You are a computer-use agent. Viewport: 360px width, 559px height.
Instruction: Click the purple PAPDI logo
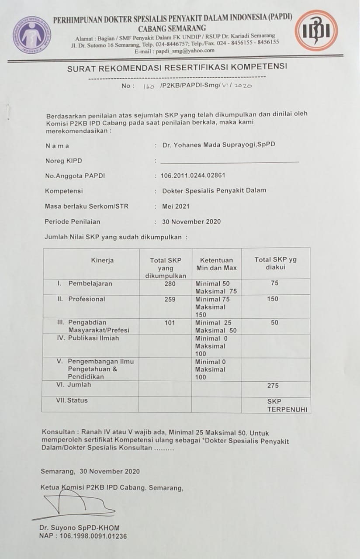click(x=31, y=35)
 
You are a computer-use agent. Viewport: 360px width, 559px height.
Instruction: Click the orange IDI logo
click(x=316, y=31)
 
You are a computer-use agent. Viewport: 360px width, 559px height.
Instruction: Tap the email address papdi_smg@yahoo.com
click(x=187, y=50)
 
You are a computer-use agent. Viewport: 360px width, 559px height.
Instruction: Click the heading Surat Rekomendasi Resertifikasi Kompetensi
click(x=177, y=68)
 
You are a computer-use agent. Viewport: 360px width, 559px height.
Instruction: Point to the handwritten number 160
click(x=149, y=86)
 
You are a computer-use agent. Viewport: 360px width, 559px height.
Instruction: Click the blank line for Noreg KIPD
click(x=230, y=161)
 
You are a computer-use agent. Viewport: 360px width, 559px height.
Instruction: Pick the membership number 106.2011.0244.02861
click(x=193, y=176)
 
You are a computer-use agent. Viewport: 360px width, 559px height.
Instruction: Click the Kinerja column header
click(x=102, y=260)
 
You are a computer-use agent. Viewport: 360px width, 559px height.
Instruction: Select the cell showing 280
click(x=170, y=284)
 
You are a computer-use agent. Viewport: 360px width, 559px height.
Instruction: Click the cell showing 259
click(x=170, y=300)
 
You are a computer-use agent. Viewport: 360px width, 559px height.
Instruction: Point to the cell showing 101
click(x=170, y=323)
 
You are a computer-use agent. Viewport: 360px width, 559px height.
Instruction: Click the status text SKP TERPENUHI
click(x=287, y=405)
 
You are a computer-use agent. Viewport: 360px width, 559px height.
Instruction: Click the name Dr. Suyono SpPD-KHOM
click(x=79, y=528)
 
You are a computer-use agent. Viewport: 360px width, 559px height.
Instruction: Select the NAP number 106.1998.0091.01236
click(x=83, y=536)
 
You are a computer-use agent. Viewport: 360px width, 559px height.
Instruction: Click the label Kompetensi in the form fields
click(x=64, y=191)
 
